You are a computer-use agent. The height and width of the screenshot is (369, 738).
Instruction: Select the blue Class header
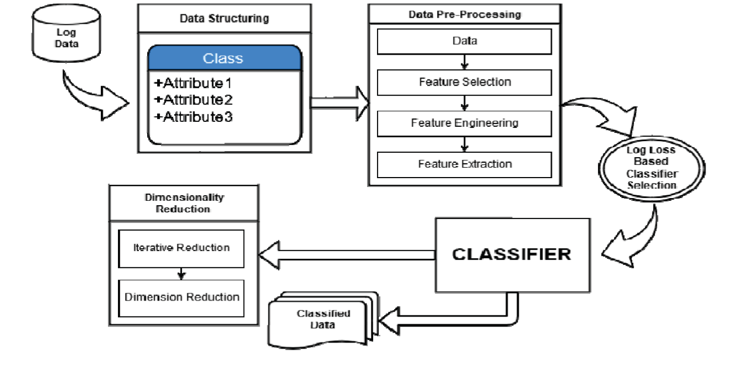(223, 58)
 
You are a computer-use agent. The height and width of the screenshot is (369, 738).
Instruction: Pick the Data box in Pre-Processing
(464, 41)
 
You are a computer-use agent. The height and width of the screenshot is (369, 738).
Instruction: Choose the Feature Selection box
(464, 82)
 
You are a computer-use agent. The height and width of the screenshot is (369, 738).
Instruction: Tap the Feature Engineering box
(464, 123)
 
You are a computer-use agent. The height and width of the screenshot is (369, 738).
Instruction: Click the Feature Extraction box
(464, 164)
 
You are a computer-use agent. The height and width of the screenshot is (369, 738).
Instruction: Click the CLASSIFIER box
(511, 254)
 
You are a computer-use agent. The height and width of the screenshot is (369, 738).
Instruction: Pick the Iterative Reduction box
(182, 248)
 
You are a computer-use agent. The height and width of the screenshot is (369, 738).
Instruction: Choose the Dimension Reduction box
(182, 297)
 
